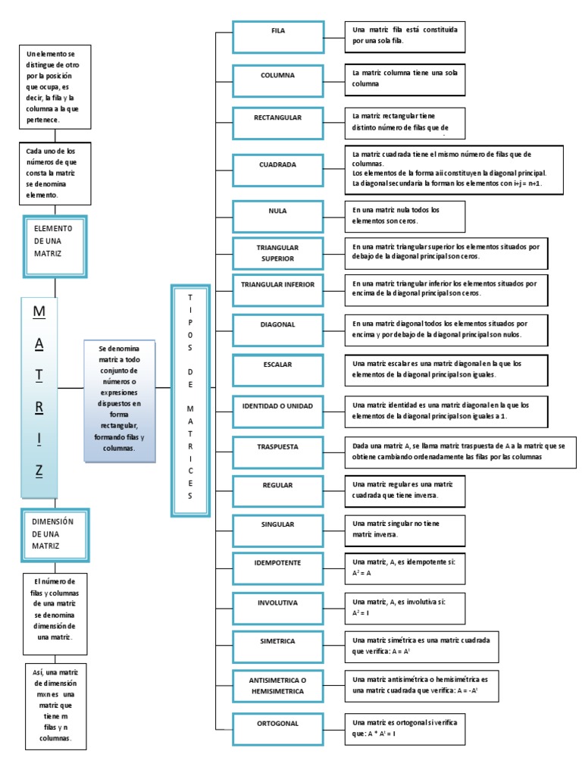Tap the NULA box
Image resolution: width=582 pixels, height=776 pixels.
(277, 211)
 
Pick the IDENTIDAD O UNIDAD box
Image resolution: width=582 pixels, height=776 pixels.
(277, 406)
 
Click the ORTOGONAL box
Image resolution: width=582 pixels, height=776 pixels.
(277, 724)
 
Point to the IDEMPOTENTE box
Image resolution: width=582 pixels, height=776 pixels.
(277, 563)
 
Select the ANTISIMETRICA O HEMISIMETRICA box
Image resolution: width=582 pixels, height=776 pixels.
(277, 685)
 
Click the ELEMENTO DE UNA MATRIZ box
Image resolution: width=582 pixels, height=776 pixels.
(56, 241)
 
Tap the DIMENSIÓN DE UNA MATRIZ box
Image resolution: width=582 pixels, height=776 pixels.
(56, 534)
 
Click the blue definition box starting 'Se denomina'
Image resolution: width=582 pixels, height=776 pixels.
(120, 401)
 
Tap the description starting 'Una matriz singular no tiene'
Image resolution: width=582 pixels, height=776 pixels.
(404, 528)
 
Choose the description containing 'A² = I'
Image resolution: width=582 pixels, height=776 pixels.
(404, 607)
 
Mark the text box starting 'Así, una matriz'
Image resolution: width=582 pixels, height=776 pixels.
(56, 706)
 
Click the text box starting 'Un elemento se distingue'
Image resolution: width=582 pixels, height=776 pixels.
(56, 87)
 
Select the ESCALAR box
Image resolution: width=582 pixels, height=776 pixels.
(277, 365)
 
